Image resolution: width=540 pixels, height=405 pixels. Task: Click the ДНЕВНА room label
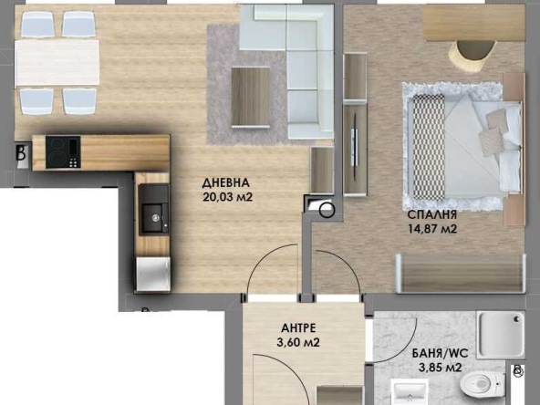coord(226,182)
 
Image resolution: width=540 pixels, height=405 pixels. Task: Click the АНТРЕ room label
coord(299,328)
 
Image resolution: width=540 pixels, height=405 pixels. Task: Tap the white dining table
coord(57,62)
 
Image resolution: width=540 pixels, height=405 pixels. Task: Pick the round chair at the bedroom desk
coord(473,57)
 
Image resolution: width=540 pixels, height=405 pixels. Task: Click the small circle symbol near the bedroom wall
coord(328,212)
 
